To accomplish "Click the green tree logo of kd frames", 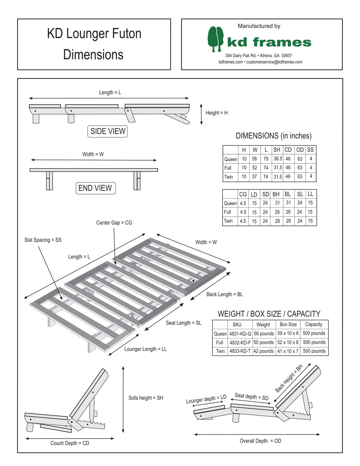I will pos(215,38).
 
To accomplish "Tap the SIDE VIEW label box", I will pos(108,131).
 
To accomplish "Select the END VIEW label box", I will pos(95,188).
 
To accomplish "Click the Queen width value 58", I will pos(254,159).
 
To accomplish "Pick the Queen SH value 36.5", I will pos(278,159).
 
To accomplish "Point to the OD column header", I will pos(300,150).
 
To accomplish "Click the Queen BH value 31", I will pos(277,203).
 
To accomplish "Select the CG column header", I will pos(243,194).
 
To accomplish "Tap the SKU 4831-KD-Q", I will pos(240,334).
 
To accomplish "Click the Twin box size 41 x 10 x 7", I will pos(288,351).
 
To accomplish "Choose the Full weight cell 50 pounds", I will pos(263,342).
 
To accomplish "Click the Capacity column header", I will pos(313,324).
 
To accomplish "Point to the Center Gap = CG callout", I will pos(114,223).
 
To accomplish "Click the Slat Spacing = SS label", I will pos(43,240).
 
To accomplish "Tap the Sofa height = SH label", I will pos(146,398).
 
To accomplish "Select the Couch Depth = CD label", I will pos(70,443).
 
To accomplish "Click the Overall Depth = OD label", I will pos(260,441).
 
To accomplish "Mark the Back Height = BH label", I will pos(289,379).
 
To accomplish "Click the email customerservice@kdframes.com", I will pos(274,62).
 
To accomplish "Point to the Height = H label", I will pos(216,113).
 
